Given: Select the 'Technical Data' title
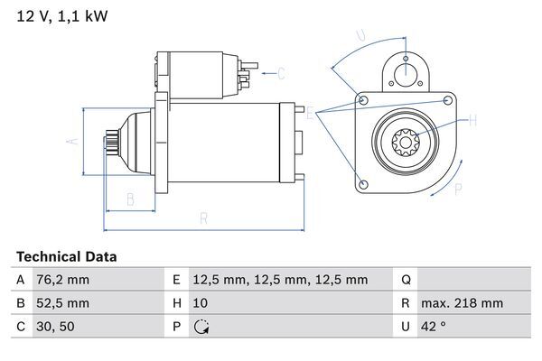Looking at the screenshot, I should (x=66, y=257).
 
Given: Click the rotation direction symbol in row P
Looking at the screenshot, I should (x=201, y=327).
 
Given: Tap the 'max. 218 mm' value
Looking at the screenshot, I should (x=464, y=303).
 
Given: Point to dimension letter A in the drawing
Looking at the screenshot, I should (x=75, y=140).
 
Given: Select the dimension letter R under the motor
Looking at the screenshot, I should (x=204, y=218).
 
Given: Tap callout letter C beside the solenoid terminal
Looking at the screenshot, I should (x=281, y=73).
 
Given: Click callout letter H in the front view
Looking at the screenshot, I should (x=472, y=119).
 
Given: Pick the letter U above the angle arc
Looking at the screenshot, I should (x=360, y=36).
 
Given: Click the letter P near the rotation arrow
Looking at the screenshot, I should (x=458, y=189).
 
